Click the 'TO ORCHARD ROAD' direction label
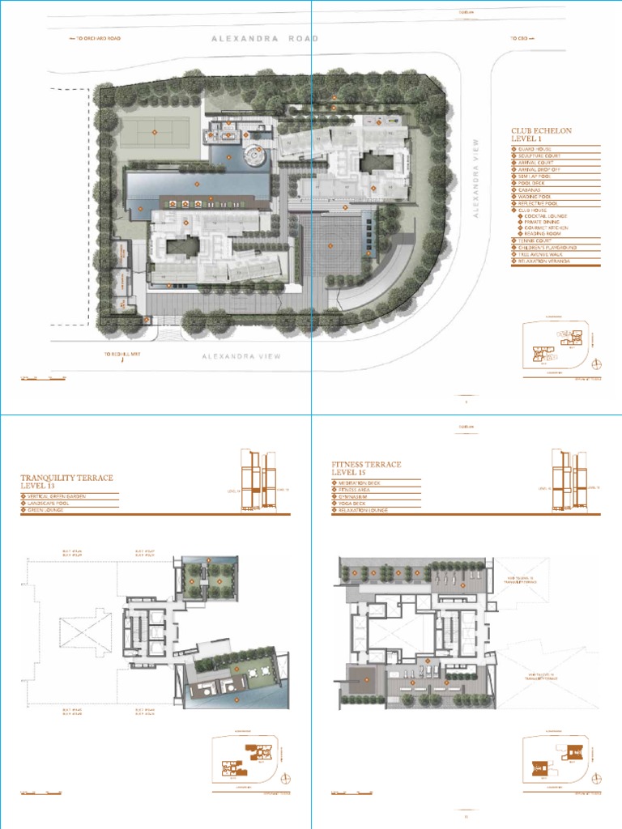pos(98,38)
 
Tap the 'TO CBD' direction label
pos(518,38)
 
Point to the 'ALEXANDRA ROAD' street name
pos(265,38)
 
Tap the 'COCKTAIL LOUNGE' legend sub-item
pos(546,216)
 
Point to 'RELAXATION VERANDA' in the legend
pos(546,261)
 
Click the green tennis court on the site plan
pos(155,130)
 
